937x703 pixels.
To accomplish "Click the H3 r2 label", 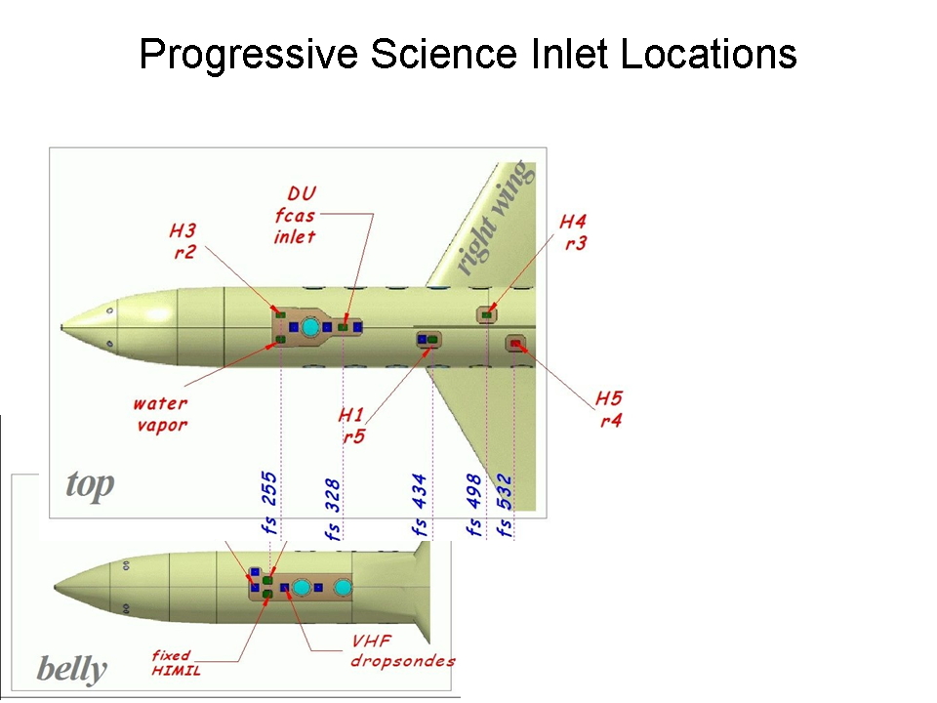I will click(x=183, y=240).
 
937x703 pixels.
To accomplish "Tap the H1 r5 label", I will click(x=352, y=426).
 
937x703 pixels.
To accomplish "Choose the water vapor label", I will click(x=161, y=413).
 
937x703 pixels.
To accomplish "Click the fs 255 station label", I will click(x=269, y=503).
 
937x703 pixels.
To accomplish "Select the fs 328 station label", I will click(x=333, y=510).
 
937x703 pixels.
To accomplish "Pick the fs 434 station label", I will click(x=421, y=510).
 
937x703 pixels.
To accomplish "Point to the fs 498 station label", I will click(x=475, y=508).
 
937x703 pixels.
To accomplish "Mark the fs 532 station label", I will click(x=505, y=508).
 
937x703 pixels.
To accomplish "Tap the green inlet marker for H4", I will click(x=487, y=314).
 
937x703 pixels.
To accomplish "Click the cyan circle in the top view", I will click(x=310, y=327).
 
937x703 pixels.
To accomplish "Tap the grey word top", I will click(x=90, y=484).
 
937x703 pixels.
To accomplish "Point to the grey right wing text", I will click(x=496, y=218).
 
